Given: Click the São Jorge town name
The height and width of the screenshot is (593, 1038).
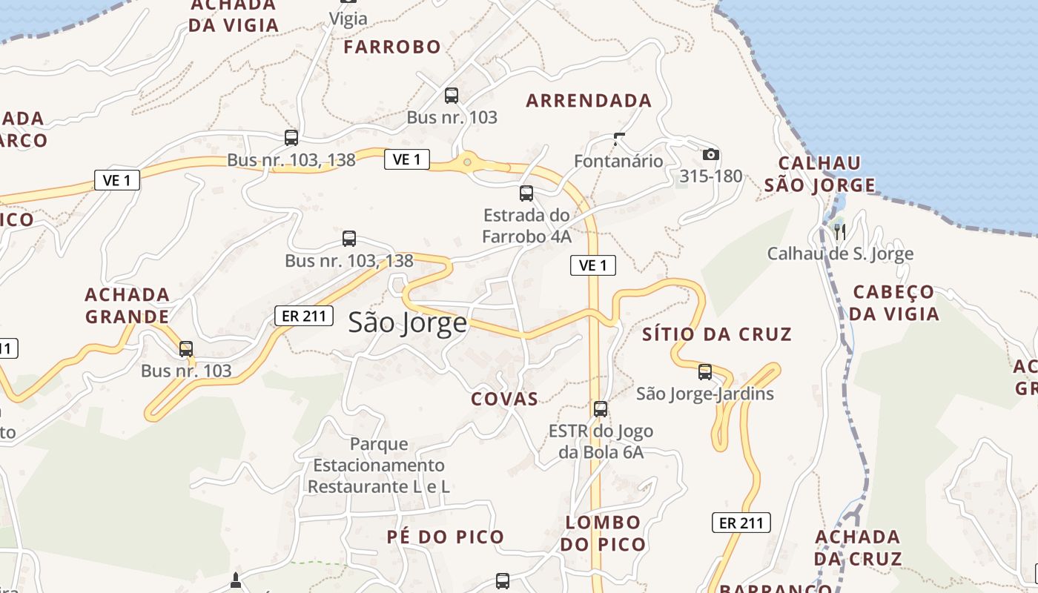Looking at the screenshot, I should pos(408,322).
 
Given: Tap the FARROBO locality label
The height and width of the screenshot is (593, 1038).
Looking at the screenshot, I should pos(392,47).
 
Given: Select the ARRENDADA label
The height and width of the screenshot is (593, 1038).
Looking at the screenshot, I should pos(589,101).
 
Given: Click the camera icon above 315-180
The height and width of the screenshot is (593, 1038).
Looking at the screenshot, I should pos(711,154).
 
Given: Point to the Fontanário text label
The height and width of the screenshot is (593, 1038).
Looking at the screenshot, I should pos(618,161).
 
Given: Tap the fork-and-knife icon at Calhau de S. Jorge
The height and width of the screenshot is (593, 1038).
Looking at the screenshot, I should pos(840,231).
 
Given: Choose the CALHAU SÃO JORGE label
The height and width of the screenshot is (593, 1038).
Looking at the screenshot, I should pos(820,174).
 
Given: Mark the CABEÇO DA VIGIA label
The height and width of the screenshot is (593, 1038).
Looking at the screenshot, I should pos(893,302).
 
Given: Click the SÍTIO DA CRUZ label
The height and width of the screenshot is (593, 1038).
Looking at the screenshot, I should pos(717,334).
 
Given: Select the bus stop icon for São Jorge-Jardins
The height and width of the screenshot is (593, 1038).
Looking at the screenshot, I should pos(705,371).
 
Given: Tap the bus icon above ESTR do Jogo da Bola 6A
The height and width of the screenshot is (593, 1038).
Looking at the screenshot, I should pos(601,408).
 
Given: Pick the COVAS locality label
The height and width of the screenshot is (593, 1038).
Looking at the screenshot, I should pos(504,399).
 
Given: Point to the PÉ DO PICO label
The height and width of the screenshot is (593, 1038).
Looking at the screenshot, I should pos(445,537).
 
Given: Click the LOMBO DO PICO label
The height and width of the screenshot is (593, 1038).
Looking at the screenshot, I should pos(602,533).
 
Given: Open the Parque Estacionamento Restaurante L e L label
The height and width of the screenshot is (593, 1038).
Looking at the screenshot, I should pos(378,466).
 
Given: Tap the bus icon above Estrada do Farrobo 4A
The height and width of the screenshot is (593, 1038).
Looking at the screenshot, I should pos(526,193).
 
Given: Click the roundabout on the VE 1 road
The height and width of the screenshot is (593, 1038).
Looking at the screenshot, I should pos(467,162).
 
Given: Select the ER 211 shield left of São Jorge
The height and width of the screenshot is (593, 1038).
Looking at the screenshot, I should pos(303,315).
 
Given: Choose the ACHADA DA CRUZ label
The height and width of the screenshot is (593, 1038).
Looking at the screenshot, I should pos(858,547).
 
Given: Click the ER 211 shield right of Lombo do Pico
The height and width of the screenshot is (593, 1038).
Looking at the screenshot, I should pos(741,523).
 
